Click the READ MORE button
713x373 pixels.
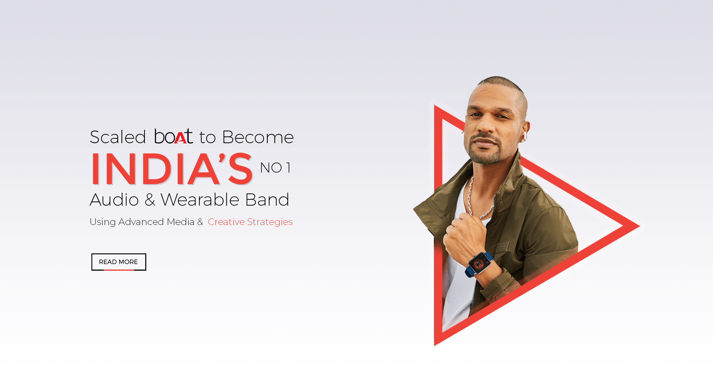pyautogui.click(x=118, y=262)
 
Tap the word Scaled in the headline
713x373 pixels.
pyautogui.click(x=118, y=137)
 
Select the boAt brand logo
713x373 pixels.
pyautogui.click(x=173, y=136)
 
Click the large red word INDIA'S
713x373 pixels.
pyautogui.click(x=172, y=169)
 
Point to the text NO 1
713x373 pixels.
pyautogui.click(x=275, y=168)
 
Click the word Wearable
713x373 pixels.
pyautogui.click(x=199, y=200)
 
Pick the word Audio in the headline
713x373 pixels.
pyautogui.click(x=114, y=200)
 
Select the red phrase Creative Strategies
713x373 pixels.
pyautogui.click(x=250, y=222)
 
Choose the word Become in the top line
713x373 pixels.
pyautogui.click(x=258, y=137)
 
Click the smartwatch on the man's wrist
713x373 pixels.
pyautogui.click(x=479, y=264)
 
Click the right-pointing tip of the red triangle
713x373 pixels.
pyautogui.click(x=639, y=225)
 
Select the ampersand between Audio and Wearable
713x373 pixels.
pyautogui.click(x=150, y=200)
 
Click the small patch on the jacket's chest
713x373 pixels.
pyautogui.click(x=502, y=247)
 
